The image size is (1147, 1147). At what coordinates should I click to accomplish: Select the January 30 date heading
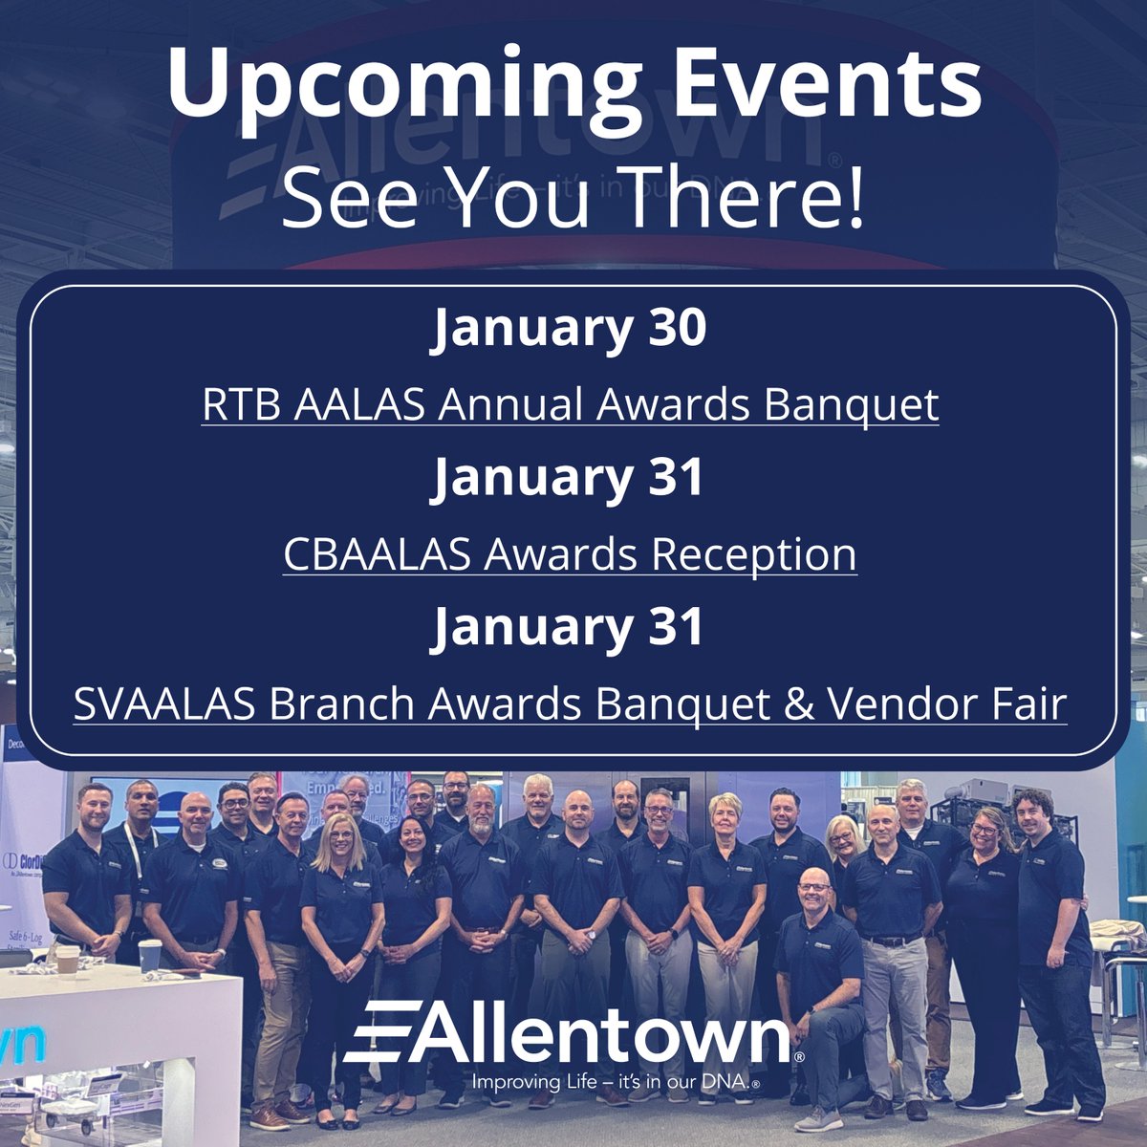pyautogui.click(x=570, y=329)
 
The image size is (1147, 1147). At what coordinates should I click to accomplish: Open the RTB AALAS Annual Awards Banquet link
pyautogui.click(x=570, y=405)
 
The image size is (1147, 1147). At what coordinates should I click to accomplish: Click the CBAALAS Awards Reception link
pyautogui.click(x=570, y=554)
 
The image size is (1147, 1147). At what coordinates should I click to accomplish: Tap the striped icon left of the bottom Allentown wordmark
pyautogui.click(x=378, y=1032)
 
